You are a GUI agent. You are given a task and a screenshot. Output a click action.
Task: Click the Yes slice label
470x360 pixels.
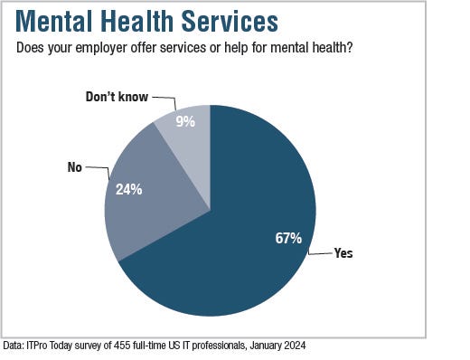(x=343, y=253)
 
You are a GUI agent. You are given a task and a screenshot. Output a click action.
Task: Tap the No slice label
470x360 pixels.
(x=75, y=167)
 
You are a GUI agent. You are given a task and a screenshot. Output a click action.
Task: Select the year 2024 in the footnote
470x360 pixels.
(x=303, y=346)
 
